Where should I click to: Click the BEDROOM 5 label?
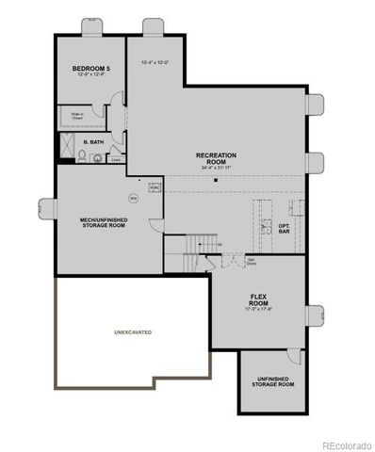click(x=91, y=70)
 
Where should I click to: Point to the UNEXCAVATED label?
click(x=133, y=332)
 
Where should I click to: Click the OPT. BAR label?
click(x=284, y=229)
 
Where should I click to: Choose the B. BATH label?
click(x=92, y=142)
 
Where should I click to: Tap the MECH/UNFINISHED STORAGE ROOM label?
click(x=104, y=222)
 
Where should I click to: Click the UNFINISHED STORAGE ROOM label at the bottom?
click(x=274, y=381)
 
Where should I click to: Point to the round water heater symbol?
click(x=134, y=199)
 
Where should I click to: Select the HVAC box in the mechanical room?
click(x=155, y=185)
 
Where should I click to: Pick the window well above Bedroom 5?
click(x=91, y=23)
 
